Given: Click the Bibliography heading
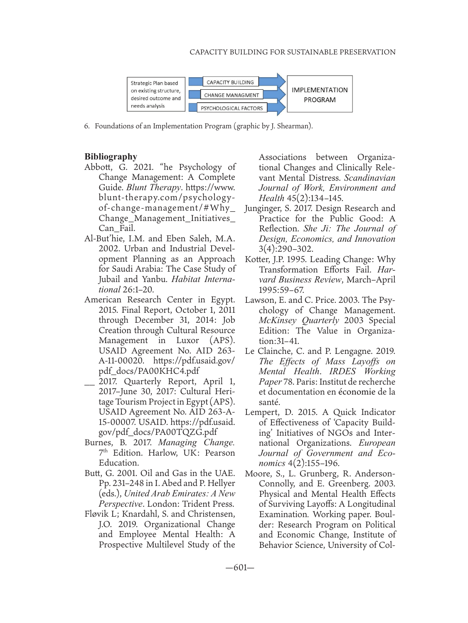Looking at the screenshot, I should coord(111,157).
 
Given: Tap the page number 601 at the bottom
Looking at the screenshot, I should coord(240,567).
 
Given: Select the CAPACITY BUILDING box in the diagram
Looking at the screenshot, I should coord(230,82).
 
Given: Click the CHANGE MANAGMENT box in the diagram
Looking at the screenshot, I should coord(232,95).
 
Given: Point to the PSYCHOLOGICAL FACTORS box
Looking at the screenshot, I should coord(232,108).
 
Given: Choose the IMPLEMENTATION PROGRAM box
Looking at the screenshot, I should coord(320,95).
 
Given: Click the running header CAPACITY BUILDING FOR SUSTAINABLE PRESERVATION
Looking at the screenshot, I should coord(293,52).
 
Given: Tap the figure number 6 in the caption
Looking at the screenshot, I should coord(86,126).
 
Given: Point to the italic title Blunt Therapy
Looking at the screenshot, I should coord(154,188).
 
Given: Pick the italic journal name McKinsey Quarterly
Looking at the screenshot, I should coord(298,320).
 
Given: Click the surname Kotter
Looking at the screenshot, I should coord(256,259).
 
